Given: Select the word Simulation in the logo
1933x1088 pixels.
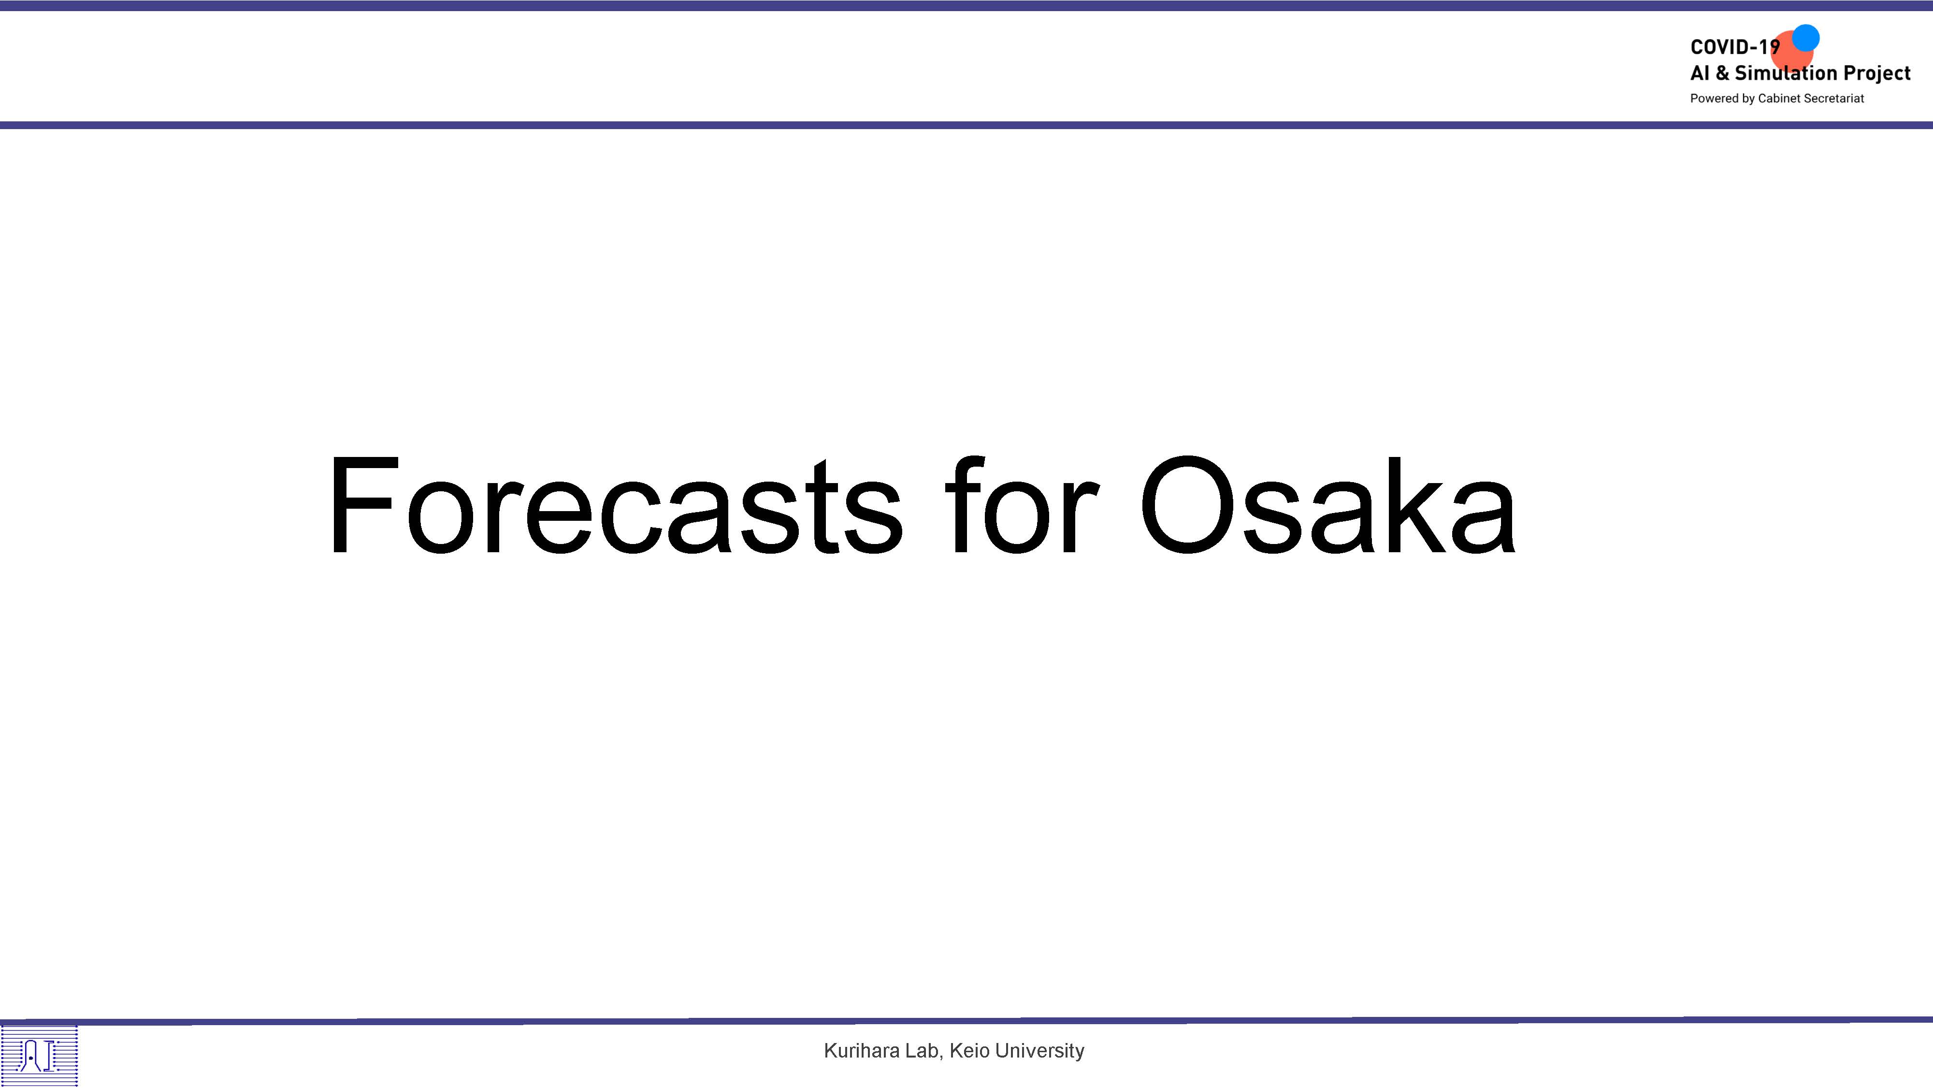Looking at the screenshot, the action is tap(1786, 73).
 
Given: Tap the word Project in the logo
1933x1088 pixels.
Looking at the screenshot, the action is tap(1877, 74).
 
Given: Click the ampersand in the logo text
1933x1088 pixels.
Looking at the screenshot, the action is tap(1722, 73).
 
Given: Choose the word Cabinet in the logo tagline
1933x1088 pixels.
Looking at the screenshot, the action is tap(1779, 98).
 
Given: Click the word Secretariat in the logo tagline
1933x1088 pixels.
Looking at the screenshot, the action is tap(1834, 98).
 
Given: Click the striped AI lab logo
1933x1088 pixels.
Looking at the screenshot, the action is tap(39, 1055).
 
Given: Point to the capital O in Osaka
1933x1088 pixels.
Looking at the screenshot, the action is tap(1187, 504).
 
